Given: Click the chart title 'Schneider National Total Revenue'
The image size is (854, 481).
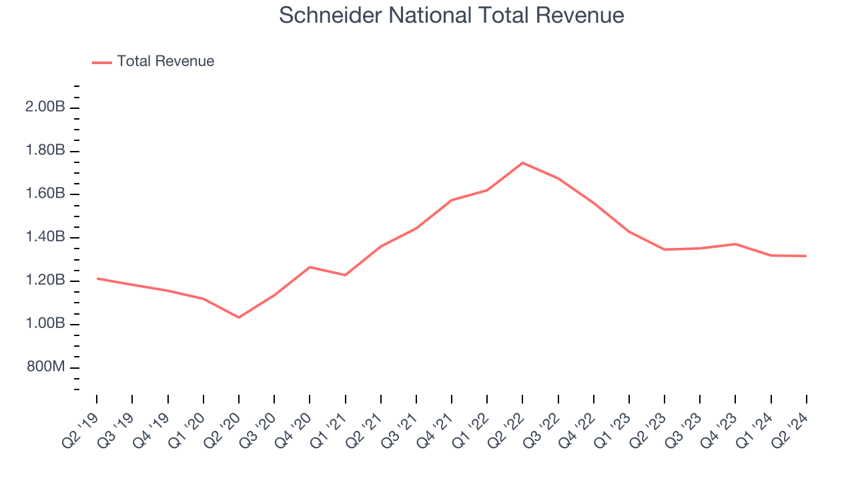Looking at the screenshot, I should [x=451, y=15].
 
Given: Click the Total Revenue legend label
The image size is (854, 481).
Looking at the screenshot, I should [x=165, y=61].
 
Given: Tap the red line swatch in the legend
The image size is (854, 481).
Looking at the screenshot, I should [x=102, y=62].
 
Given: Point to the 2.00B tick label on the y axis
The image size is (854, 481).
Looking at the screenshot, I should [x=45, y=108].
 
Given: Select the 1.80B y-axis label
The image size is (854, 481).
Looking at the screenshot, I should [x=45, y=151].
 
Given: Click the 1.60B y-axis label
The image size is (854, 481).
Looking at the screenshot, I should [x=45, y=194].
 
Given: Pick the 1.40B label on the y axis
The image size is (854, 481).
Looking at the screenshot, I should [x=45, y=238].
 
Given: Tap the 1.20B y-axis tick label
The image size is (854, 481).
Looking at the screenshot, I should [x=45, y=281].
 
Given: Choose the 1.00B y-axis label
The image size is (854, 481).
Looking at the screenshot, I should [x=45, y=324].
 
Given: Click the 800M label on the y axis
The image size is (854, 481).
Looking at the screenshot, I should [x=46, y=367].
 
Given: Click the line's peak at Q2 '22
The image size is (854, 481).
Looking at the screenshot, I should [x=522, y=162].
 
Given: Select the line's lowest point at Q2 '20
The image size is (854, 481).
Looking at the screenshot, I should [x=239, y=317].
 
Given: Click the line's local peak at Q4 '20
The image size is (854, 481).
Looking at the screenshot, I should [x=310, y=267].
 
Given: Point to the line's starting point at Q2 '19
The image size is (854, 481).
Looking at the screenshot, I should [x=97, y=279].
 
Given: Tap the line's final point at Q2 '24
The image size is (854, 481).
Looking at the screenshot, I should [x=806, y=256].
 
